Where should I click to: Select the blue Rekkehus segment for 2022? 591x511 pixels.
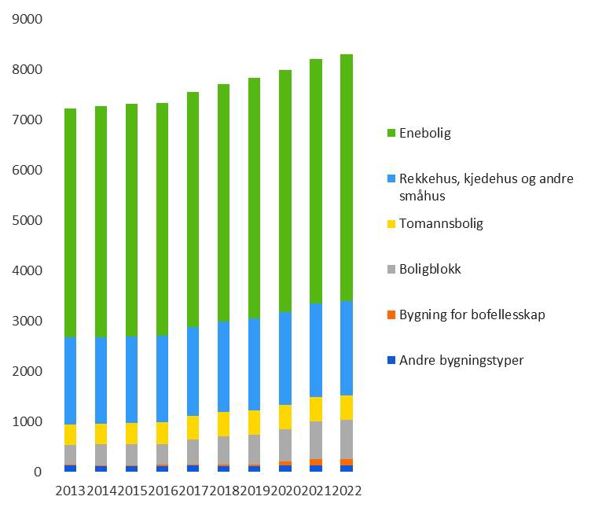coord(347,348)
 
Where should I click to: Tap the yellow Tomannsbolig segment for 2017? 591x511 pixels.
coord(193,428)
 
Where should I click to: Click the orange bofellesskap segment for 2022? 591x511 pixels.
coord(347,462)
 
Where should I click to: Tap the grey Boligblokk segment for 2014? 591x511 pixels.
coord(101,454)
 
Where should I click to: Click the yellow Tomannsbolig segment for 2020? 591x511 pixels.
coord(285,417)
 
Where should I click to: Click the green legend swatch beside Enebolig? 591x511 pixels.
coord(391,134)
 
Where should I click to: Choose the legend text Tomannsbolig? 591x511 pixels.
coord(441,224)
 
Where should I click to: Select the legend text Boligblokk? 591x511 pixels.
coord(430,269)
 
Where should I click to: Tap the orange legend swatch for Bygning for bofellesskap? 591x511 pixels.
coord(391,315)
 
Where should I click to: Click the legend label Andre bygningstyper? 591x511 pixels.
coord(461,361)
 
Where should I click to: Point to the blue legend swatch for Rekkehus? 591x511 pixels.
coord(391,179)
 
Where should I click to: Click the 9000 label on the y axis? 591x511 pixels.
coord(28,20)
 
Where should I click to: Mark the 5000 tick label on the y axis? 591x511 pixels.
coord(28,221)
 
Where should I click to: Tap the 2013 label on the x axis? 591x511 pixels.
coord(72,491)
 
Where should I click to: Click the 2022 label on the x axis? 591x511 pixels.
coord(346,491)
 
